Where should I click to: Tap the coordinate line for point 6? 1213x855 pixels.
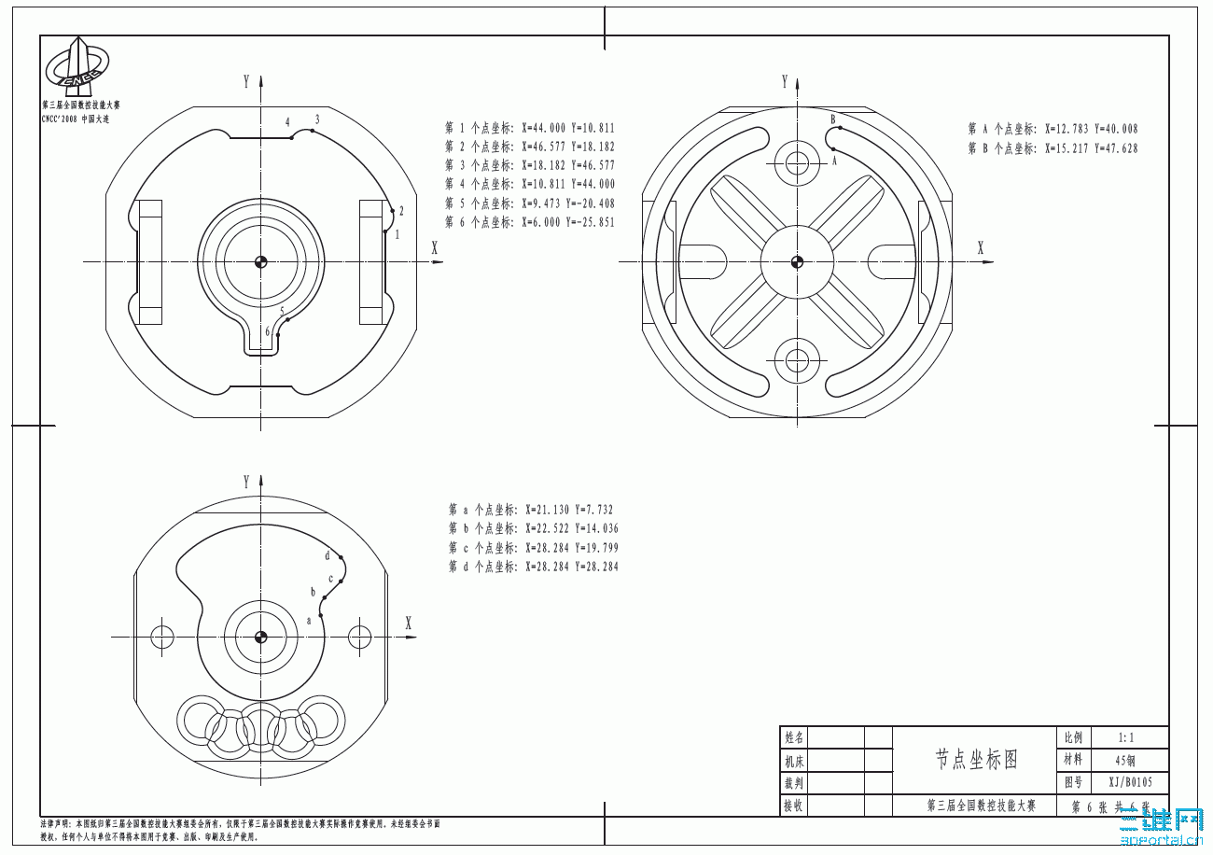529,222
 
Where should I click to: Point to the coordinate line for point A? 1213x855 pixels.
1053,129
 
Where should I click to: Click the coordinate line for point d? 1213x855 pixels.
533,567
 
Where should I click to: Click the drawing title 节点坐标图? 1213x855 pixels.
975,760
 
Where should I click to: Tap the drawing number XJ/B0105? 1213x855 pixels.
1129,783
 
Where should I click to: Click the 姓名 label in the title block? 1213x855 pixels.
793,737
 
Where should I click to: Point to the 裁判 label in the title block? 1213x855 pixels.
793,783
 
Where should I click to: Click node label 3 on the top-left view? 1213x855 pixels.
317,119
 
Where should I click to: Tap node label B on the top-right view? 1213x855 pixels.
833,119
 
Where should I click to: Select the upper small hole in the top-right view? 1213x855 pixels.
797,163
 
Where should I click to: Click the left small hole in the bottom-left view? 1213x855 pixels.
162,638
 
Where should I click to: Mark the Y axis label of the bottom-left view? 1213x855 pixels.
246,483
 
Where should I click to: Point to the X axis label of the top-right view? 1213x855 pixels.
980,247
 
